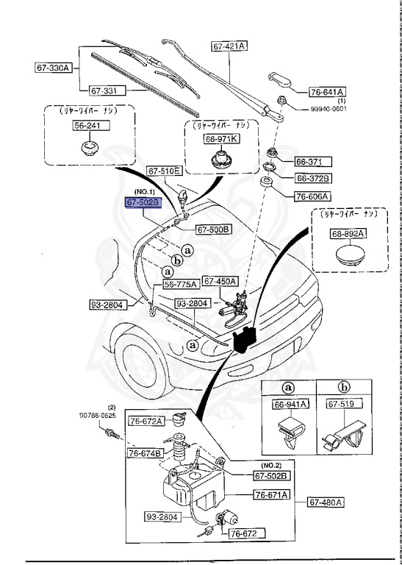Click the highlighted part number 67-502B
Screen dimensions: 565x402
coord(141,202)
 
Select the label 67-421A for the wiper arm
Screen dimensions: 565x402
coord(229,46)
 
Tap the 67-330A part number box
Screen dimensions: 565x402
coord(53,68)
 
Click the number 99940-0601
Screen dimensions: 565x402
coord(327,108)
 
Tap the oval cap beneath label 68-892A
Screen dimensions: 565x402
coord(348,256)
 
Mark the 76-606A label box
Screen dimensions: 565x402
coord(313,196)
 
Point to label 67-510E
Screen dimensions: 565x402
coord(163,171)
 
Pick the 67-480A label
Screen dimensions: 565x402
coord(325,502)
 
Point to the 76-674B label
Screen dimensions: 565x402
coord(146,452)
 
